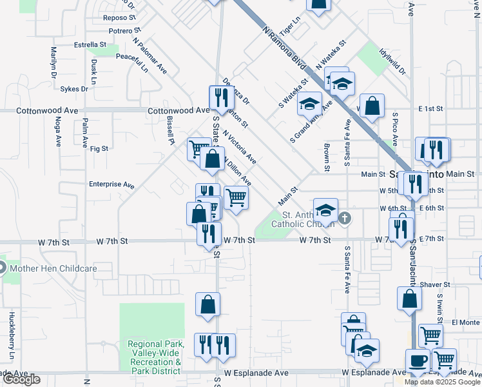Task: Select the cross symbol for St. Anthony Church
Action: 345,218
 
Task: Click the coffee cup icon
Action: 416,361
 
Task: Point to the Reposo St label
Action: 120,18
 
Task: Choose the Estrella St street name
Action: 90,45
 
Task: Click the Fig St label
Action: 99,148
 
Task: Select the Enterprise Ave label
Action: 111,184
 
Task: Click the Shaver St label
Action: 434,284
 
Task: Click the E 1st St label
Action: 432,108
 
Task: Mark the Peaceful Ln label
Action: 131,61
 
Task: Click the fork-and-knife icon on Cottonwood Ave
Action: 220,97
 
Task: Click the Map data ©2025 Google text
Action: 443,382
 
